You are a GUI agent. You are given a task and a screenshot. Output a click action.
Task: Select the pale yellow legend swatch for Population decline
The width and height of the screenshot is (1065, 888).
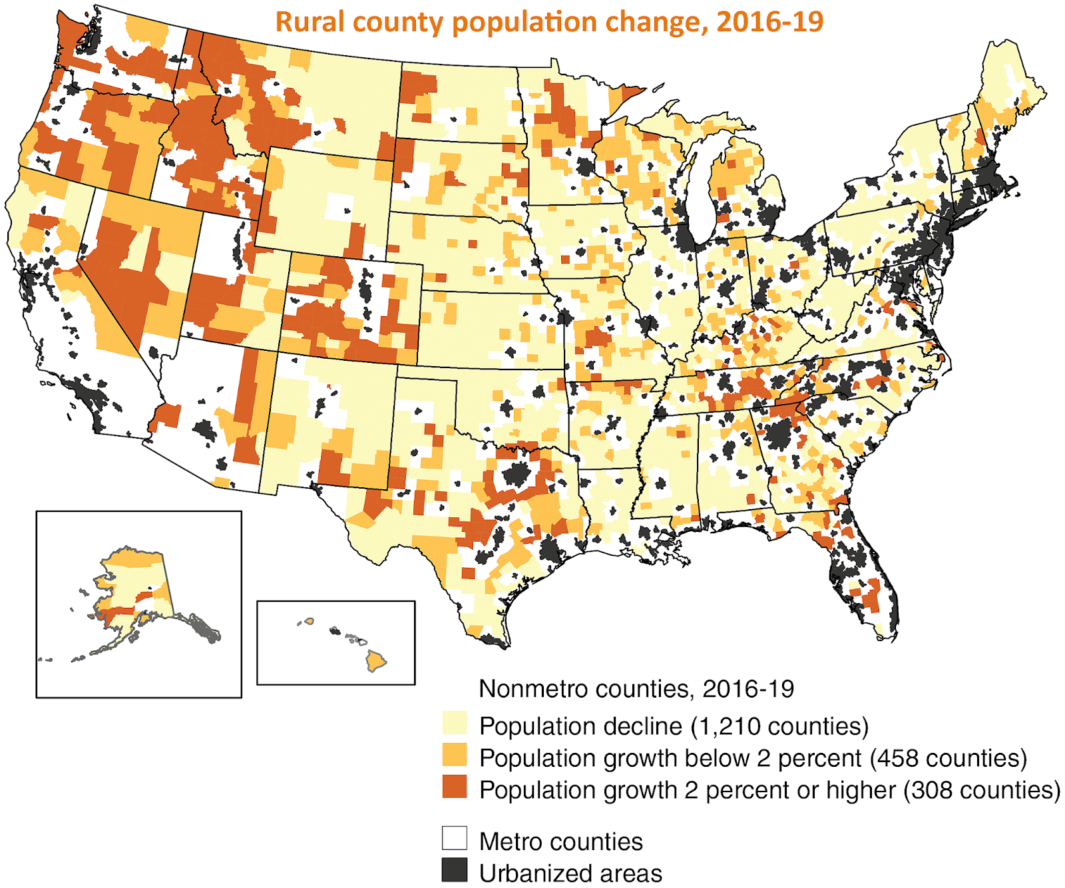pyautogui.click(x=455, y=724)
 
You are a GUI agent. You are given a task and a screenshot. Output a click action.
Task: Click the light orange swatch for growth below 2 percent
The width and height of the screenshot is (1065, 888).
pyautogui.click(x=455, y=756)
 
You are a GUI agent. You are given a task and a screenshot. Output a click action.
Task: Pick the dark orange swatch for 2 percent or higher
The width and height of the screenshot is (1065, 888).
pyautogui.click(x=455, y=787)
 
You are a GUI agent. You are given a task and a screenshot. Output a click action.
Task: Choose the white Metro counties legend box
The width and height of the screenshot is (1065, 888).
pyautogui.click(x=455, y=839)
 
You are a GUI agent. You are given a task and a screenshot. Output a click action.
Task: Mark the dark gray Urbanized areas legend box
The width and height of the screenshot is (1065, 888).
pyautogui.click(x=455, y=871)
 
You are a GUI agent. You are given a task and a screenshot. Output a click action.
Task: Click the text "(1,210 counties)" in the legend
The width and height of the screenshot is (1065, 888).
pyautogui.click(x=780, y=726)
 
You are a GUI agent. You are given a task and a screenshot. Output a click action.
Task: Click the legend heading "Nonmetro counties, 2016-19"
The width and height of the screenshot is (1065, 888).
pyautogui.click(x=636, y=689)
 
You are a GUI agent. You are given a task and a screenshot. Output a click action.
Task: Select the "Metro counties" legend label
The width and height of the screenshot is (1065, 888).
pyautogui.click(x=561, y=841)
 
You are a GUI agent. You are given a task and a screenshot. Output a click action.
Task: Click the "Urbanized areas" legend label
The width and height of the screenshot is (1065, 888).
pyautogui.click(x=570, y=873)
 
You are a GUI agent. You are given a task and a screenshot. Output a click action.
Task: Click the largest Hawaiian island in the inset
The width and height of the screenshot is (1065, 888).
pyautogui.click(x=376, y=661)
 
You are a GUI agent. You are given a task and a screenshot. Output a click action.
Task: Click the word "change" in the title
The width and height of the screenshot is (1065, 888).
pyautogui.click(x=652, y=23)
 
